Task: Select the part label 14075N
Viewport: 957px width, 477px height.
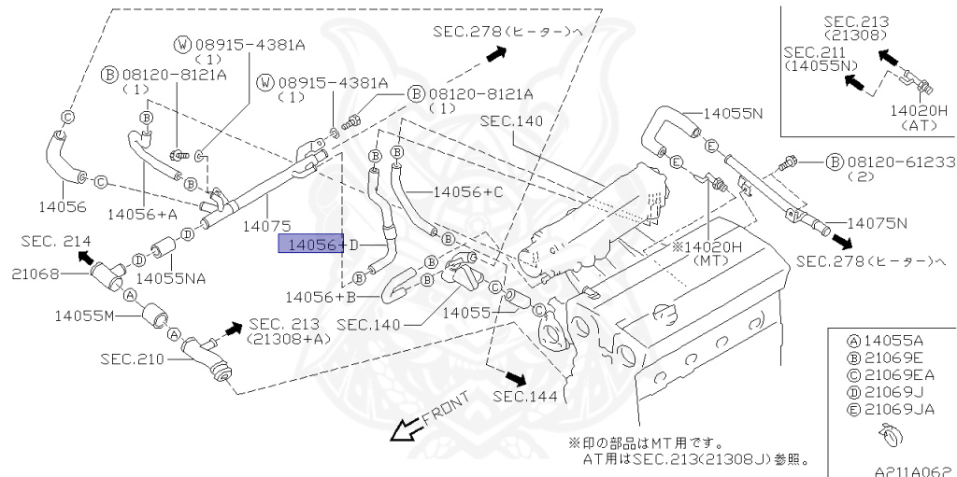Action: point(878,223)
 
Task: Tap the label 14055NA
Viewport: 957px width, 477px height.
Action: point(171,277)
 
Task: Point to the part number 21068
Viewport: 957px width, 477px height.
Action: point(36,274)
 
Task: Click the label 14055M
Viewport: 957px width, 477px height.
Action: point(83,316)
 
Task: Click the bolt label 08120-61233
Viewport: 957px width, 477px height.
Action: point(900,161)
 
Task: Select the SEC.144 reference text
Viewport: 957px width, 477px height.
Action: point(525,397)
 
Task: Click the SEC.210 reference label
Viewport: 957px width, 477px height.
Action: point(133,358)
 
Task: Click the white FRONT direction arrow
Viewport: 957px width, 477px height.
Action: point(406,429)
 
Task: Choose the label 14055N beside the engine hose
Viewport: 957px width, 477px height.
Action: point(734,113)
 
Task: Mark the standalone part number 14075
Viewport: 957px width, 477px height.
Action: point(266,225)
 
